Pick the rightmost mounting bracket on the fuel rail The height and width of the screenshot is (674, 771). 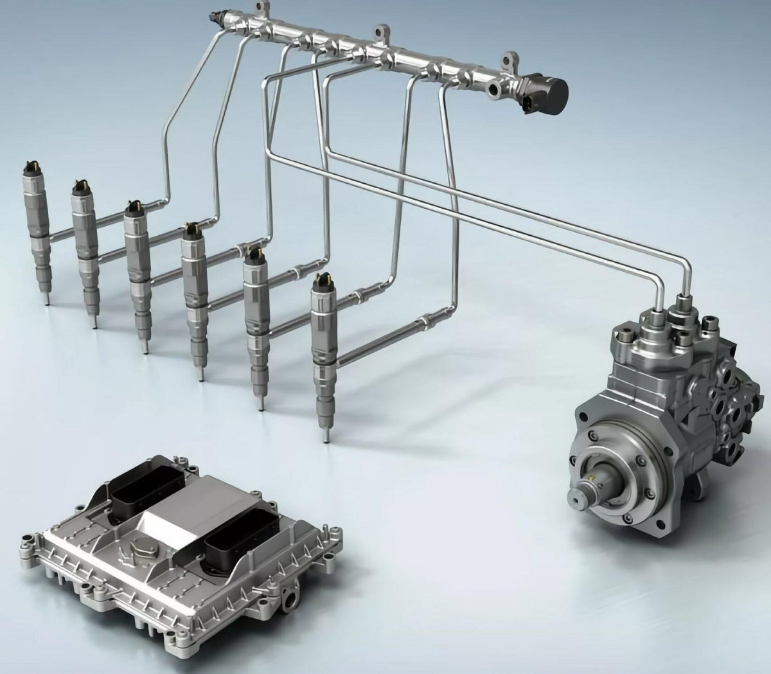(x=510, y=61)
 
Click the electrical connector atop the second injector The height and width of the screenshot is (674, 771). (x=80, y=188)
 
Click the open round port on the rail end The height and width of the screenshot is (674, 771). (x=495, y=91)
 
